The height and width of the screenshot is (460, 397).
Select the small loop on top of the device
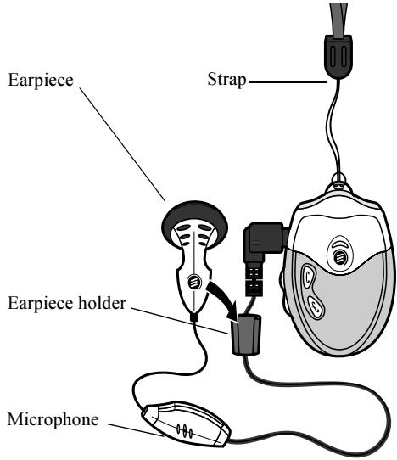341,181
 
